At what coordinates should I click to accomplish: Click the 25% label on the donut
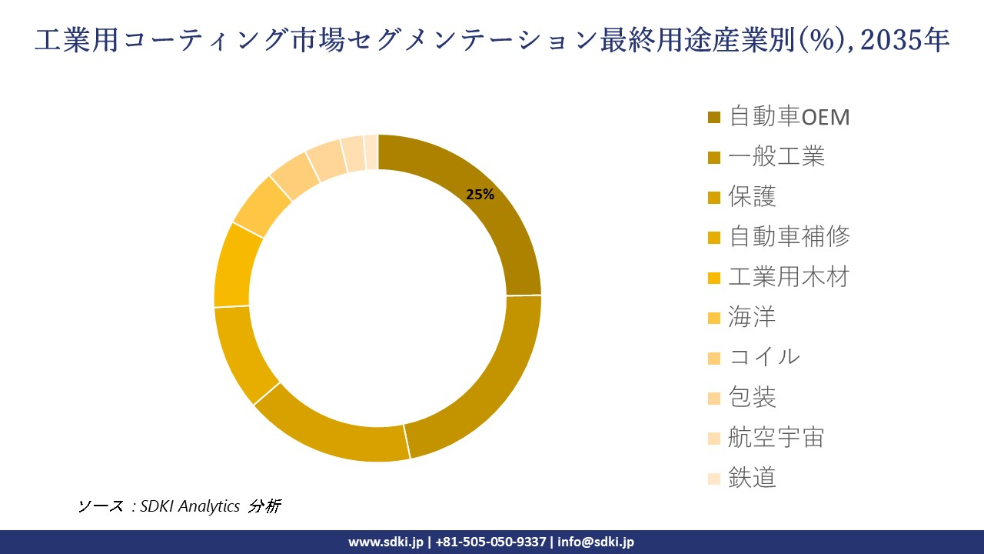pos(480,195)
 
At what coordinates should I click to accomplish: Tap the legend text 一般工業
pos(776,157)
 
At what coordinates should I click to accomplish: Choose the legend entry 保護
pos(753,197)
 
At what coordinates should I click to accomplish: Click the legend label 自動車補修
pos(789,237)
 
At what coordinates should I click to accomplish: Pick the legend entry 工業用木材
pos(789,277)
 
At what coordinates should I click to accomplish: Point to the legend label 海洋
pos(753,317)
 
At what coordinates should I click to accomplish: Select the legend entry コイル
pos(764,357)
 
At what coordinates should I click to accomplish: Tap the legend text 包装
pos(753,397)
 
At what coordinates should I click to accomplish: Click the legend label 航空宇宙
pos(776,437)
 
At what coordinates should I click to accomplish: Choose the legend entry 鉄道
pos(753,477)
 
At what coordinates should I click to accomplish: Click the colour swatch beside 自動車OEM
pos(714,118)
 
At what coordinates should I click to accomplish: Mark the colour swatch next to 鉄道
pos(714,478)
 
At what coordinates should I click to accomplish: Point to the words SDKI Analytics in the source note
pos(190,506)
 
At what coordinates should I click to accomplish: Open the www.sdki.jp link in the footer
pos(385,542)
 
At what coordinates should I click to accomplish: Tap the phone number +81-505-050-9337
pos(491,542)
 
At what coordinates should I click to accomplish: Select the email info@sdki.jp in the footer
pos(596,542)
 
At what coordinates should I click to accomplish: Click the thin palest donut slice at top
pos(371,151)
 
